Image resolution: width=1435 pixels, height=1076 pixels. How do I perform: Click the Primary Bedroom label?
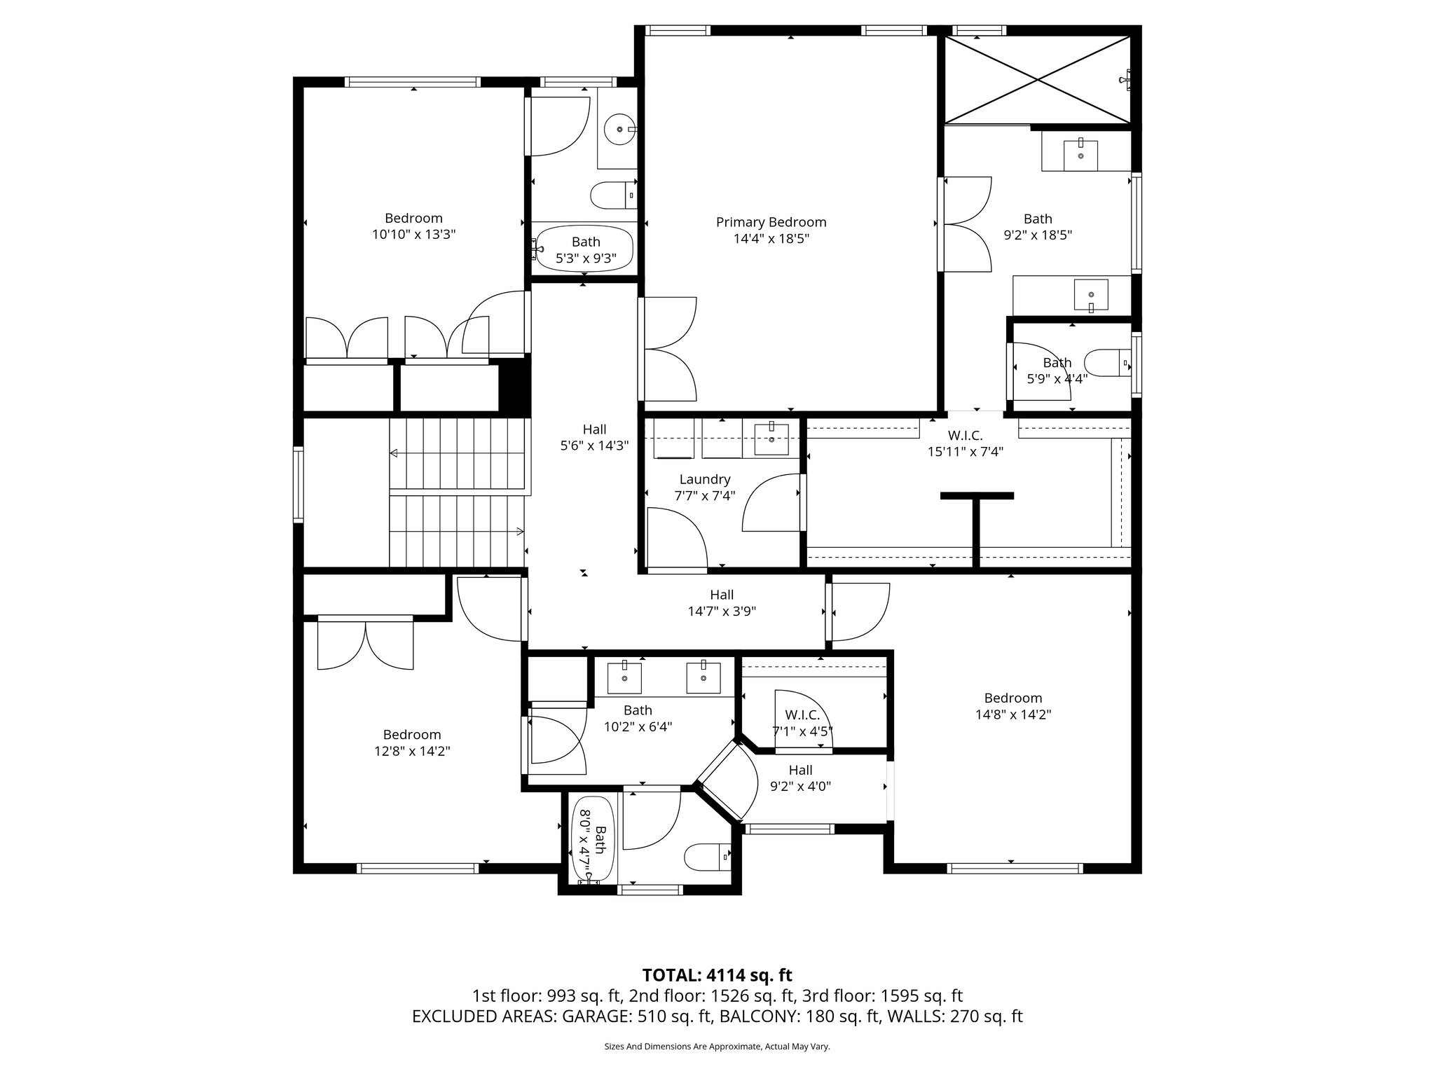coord(771,222)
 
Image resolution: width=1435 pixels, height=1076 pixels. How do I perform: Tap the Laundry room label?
coord(704,479)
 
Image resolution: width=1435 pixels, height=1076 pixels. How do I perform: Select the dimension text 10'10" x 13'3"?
coord(413,235)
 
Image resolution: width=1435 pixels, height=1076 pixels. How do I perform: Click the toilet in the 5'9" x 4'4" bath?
coord(1107,363)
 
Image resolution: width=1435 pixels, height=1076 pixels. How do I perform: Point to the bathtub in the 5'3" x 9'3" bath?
coord(584,249)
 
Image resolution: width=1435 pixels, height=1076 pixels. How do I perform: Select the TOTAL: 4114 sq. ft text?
coord(717,975)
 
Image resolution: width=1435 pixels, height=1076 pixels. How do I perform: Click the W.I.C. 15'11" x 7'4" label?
coord(965,443)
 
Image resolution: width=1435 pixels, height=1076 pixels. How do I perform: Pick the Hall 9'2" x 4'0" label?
coord(800,778)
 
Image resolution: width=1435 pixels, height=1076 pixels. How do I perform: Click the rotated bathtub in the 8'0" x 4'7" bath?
coord(595,839)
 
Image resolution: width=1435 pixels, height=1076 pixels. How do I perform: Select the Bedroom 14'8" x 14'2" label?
coord(1012,705)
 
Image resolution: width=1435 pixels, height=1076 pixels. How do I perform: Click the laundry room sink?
coord(771,439)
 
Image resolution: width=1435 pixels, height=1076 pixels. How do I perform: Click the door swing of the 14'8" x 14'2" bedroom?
coord(858,612)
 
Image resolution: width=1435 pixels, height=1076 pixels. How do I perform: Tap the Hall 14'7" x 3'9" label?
coord(721,602)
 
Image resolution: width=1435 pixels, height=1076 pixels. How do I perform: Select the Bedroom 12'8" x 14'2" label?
coord(411,743)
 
